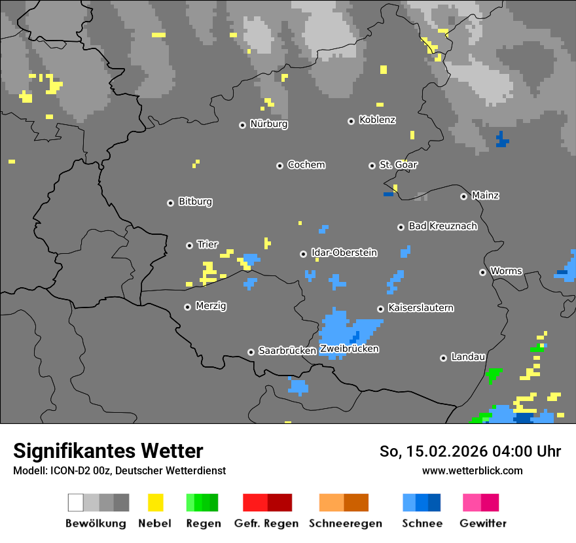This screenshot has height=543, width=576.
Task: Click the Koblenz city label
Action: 377,120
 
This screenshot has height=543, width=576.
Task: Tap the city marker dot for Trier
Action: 190,245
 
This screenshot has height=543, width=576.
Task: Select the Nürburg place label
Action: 268,124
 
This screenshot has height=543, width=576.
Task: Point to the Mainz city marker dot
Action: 464,196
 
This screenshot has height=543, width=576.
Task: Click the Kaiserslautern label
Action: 420,308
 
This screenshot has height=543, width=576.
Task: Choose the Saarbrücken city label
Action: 287,351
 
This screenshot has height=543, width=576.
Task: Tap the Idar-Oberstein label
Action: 344,253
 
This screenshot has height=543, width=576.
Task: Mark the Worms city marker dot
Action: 483,272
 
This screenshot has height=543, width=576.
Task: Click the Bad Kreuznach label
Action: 442,226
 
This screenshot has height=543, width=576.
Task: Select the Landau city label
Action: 468,357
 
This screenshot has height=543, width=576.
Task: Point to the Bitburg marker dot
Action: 171,203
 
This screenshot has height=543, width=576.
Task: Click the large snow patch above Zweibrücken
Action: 340,327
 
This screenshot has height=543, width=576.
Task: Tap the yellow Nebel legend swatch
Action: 156,502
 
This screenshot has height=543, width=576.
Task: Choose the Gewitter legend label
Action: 482,523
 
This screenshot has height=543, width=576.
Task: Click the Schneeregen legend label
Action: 345,523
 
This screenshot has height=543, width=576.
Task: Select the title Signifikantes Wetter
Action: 108,451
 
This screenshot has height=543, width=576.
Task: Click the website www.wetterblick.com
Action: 472,470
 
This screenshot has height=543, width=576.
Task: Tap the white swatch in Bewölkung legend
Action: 76,502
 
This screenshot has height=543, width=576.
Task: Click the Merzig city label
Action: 211,306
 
